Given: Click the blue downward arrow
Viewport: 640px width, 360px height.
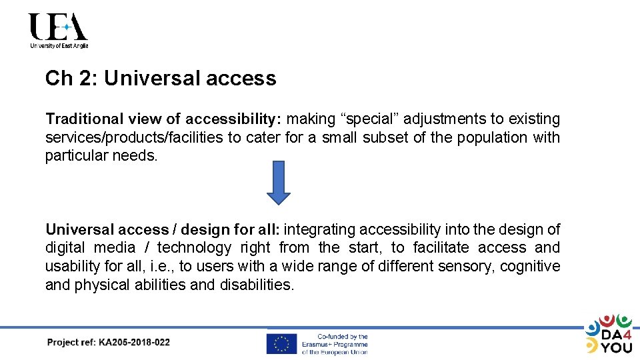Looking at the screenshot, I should [279, 182].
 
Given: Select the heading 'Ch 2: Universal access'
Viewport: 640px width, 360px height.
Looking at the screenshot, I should [161, 79].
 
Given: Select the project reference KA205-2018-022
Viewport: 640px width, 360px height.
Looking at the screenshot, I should [134, 343].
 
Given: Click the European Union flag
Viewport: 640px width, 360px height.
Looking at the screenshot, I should [281, 343].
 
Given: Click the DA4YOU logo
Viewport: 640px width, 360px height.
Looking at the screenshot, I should [608, 333].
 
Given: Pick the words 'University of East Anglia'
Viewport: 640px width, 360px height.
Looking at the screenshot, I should [59, 46].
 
